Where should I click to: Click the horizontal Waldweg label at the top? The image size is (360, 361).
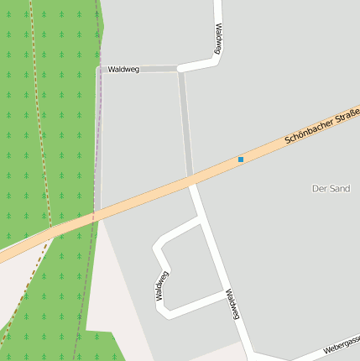click(x=123, y=69)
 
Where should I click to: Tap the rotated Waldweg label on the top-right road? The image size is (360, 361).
click(x=217, y=39)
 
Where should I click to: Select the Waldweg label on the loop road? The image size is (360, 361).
click(x=162, y=285)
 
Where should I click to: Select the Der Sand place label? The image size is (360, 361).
click(x=330, y=188)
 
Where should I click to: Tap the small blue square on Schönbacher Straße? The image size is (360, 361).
click(x=241, y=159)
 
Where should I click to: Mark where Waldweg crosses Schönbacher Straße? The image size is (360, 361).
click(x=191, y=180)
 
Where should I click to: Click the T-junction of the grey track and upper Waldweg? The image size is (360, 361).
click(x=179, y=69)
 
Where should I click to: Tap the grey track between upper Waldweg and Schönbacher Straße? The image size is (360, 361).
click(x=185, y=126)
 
